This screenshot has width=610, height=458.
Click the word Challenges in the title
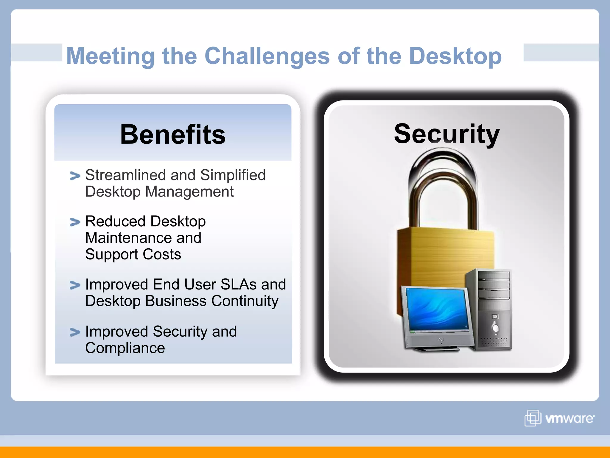(267, 56)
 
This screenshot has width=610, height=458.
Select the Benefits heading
(173, 135)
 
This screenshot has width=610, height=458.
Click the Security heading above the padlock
(446, 134)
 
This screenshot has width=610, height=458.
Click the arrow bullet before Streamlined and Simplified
(75, 176)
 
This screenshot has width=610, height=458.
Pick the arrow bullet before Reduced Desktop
(75, 222)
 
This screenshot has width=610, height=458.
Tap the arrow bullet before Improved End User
(75, 285)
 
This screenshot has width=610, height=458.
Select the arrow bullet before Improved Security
(75, 332)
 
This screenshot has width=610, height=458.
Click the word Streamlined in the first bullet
(125, 175)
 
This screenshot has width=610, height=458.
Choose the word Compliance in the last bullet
(125, 348)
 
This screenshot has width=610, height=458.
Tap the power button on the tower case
(495, 328)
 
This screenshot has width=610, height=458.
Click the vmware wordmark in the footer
(569, 418)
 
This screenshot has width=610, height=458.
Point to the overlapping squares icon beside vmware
(533, 418)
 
